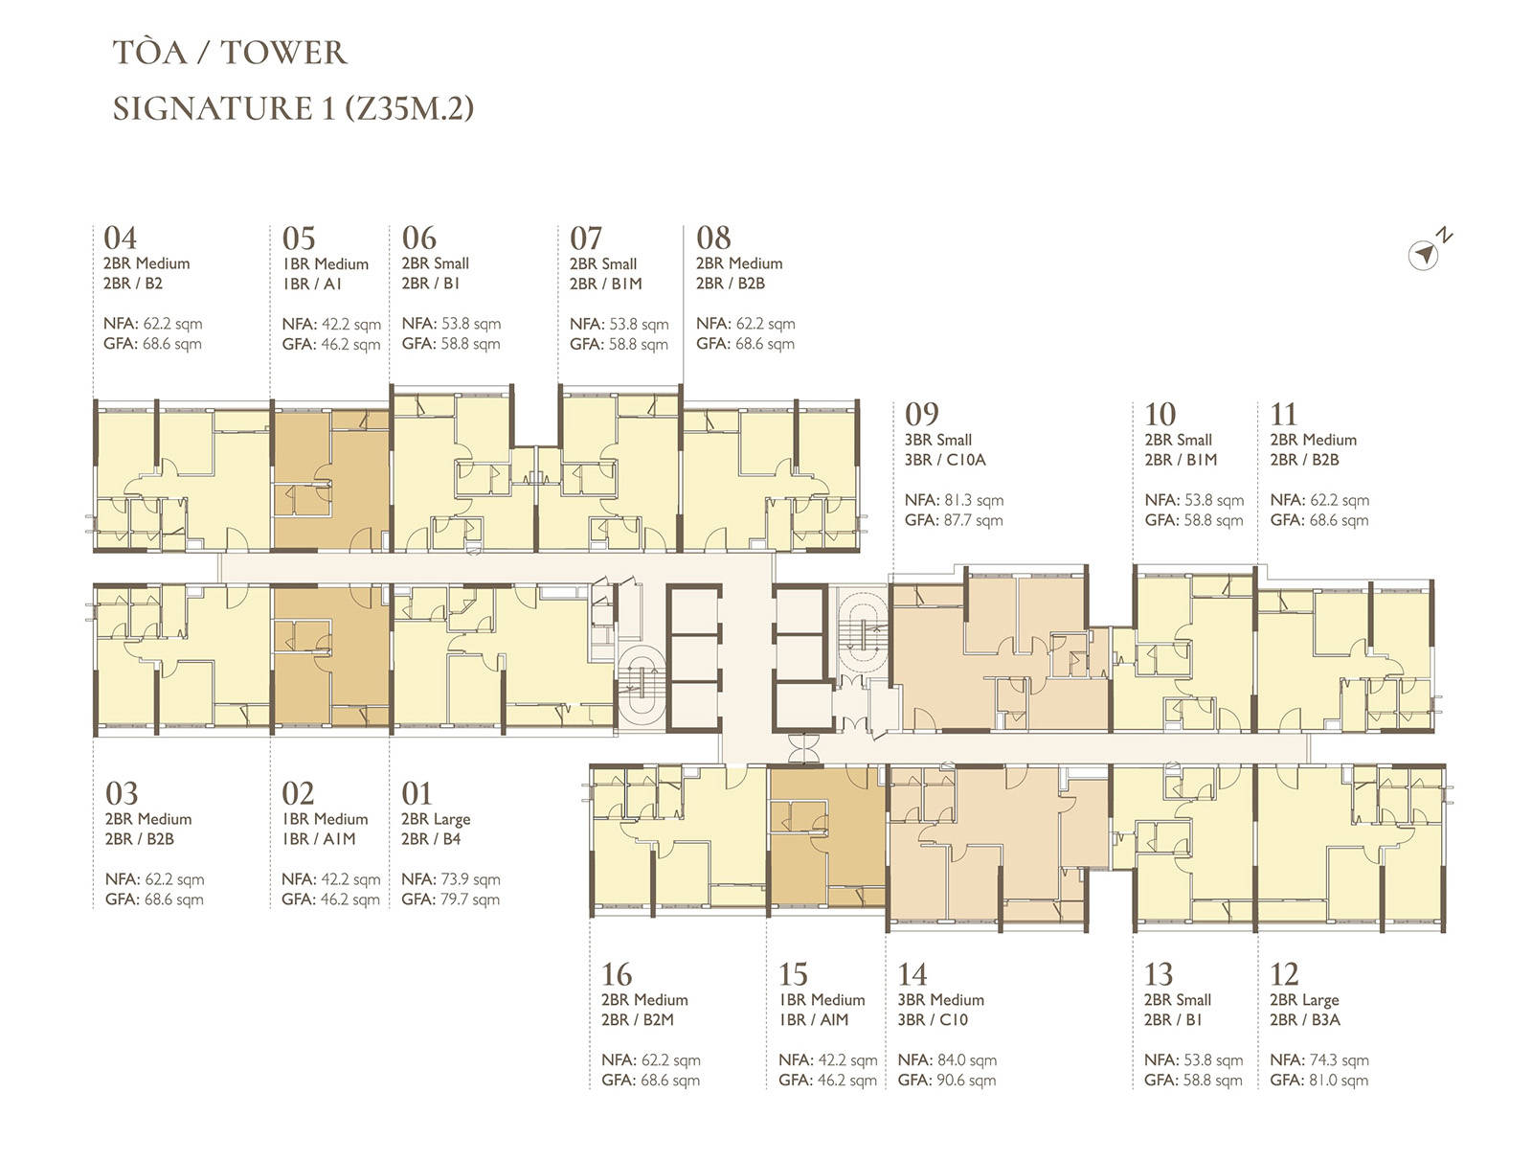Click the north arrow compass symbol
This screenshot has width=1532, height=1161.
(1423, 254)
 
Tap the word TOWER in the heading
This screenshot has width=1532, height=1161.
(283, 53)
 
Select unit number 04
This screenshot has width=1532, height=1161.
(120, 239)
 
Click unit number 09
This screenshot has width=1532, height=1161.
(921, 414)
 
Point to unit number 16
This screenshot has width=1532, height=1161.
(617, 974)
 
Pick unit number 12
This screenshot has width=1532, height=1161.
(1284, 974)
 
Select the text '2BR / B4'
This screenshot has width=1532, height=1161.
(431, 838)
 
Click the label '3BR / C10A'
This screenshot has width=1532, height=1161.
(945, 460)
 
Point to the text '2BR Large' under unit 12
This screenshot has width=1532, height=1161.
(1304, 1000)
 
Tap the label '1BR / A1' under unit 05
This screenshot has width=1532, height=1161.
(312, 284)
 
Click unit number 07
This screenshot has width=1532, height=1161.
(586, 239)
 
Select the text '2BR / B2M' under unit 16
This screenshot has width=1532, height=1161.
(638, 1019)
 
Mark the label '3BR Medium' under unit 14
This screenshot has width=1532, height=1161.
(941, 1000)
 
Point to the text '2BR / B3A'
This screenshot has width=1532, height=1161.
(1304, 1019)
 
